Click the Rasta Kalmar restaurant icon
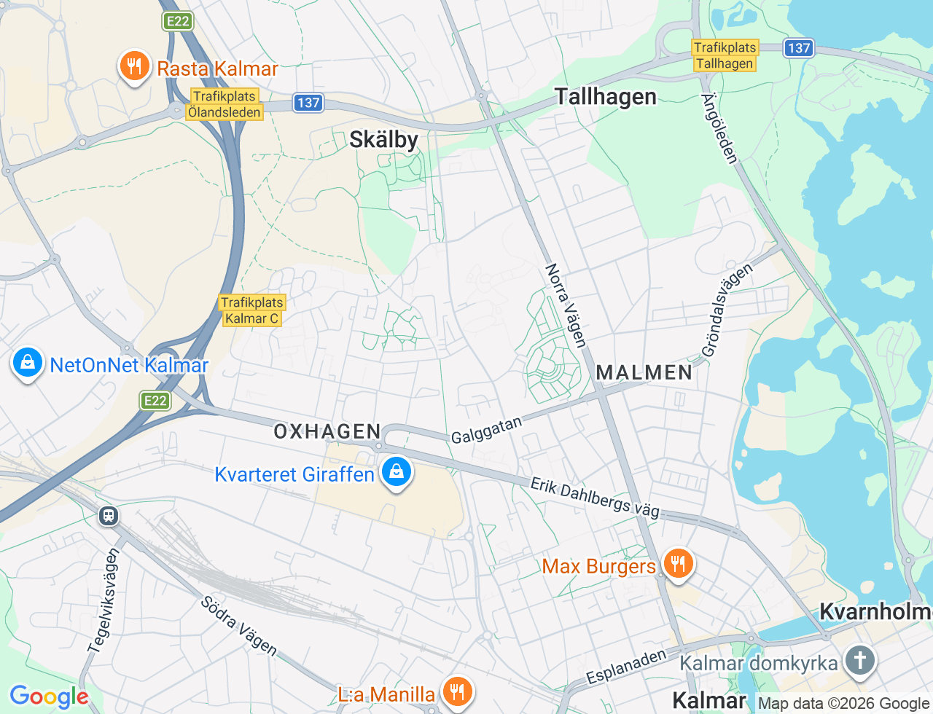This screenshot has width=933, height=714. click(133, 66)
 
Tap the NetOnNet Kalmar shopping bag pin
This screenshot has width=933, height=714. click(28, 362)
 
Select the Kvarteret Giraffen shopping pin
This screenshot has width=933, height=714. click(396, 472)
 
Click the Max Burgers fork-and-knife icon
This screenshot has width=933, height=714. click(678, 564)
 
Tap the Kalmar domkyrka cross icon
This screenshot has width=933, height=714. click(859, 661)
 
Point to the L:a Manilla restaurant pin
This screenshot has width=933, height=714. click(457, 691)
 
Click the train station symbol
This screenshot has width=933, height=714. click(109, 516)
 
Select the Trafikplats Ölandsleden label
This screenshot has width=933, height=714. click(225, 104)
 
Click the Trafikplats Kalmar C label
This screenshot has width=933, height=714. click(252, 310)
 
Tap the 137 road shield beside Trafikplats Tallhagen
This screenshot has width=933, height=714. click(799, 48)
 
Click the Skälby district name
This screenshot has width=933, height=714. click(383, 140)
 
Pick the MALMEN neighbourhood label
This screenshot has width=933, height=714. click(644, 372)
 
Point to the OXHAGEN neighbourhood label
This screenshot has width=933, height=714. click(327, 431)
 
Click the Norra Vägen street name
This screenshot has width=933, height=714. click(566, 305)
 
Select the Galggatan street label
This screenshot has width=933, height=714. click(486, 430)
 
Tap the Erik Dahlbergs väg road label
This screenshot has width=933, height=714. click(595, 498)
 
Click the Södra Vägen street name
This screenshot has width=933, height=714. click(239, 625)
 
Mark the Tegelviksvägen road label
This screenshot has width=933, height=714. click(103, 601)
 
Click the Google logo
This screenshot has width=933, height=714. click(48, 697)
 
